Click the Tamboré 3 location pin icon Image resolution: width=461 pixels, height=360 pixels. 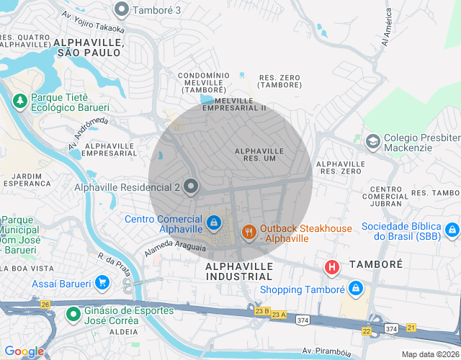[x=122, y=9]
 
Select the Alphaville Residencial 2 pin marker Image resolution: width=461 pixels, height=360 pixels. [x=191, y=186]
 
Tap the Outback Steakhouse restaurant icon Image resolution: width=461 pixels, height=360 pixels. [x=249, y=232]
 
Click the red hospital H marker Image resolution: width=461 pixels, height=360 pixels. [x=331, y=268]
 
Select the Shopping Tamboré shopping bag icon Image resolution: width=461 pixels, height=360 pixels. [x=355, y=289]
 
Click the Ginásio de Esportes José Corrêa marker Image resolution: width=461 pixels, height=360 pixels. [x=73, y=314]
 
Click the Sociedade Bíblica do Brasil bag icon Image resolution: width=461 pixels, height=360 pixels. [x=452, y=230]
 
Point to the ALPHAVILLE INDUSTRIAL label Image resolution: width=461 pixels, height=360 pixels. [x=240, y=271]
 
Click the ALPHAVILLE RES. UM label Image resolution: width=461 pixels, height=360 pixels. [x=259, y=154]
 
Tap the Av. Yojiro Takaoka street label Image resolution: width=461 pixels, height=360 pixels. [x=93, y=22]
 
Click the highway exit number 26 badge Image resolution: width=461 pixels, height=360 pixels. [x=45, y=305]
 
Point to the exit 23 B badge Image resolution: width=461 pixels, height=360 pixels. [x=261, y=311]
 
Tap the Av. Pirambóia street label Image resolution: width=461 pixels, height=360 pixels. [x=327, y=351]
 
